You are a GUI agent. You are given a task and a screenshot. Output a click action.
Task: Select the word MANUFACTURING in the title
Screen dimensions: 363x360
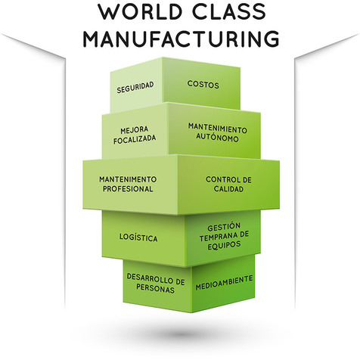coord(180,39)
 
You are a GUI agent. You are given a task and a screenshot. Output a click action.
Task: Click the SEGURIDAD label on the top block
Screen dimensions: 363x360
coord(135,88)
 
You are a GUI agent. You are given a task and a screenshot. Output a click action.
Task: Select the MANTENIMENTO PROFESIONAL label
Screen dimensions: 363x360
coord(127,184)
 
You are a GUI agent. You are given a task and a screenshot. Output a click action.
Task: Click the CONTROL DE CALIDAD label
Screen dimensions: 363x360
coord(228,184)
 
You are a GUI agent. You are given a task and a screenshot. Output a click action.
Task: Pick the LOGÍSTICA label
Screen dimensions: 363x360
coord(138,237)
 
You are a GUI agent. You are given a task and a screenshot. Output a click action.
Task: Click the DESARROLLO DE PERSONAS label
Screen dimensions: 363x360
coord(156,284)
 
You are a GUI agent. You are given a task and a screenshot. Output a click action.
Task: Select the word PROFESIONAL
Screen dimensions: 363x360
coord(127,189)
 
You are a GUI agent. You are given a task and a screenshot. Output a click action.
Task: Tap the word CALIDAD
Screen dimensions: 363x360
coord(228,189)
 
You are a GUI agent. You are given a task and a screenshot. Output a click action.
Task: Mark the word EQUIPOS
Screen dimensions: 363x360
coord(225,245)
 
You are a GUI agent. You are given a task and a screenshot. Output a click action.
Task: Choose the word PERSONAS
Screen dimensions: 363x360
coord(156,290)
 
